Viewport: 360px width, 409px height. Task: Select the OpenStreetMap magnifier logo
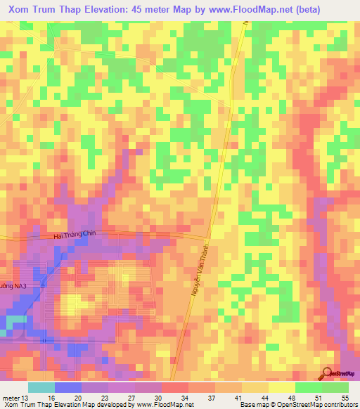click(x=328, y=373)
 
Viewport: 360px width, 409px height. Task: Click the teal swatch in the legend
click(x=41, y=387)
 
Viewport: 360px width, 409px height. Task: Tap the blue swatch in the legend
click(x=67, y=387)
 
